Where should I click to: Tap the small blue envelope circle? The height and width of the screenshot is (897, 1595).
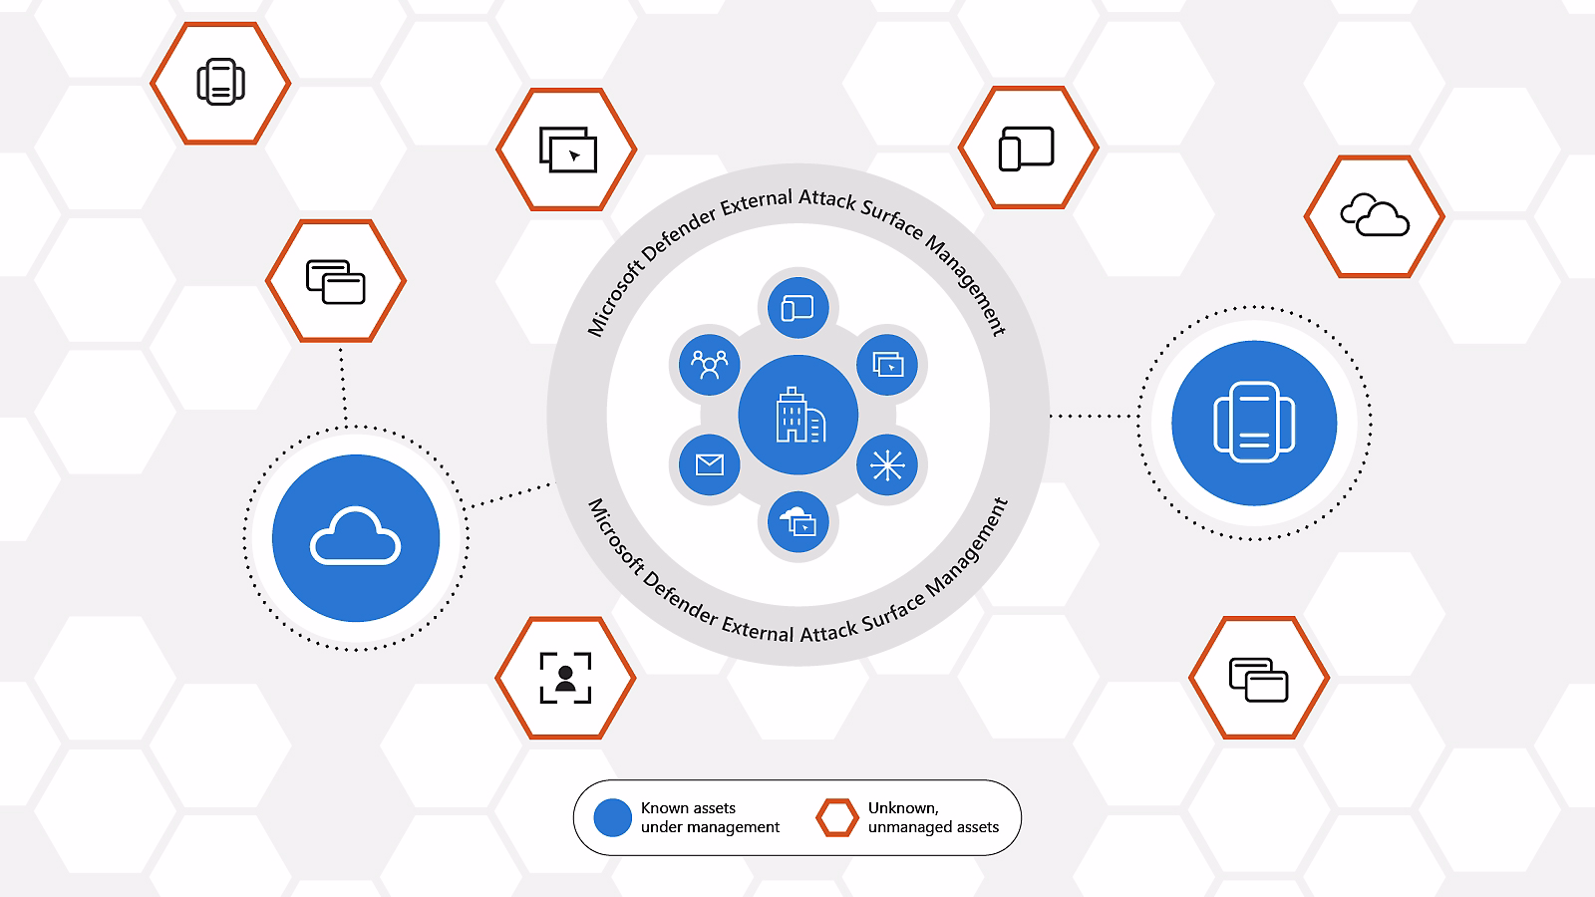click(x=709, y=464)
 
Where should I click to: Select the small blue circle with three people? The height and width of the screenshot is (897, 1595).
click(x=709, y=365)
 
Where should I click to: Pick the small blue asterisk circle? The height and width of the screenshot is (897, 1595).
click(x=887, y=465)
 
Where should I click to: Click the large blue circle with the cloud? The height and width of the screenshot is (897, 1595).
click(x=356, y=538)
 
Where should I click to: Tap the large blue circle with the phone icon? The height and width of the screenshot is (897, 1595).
click(x=1254, y=423)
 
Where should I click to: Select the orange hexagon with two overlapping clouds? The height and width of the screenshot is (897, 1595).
click(x=1375, y=216)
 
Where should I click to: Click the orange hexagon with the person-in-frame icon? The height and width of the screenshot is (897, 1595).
click(x=565, y=678)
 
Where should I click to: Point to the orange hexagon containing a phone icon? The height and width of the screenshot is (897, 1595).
click(x=220, y=83)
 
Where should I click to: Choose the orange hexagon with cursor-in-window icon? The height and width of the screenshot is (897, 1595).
click(x=566, y=149)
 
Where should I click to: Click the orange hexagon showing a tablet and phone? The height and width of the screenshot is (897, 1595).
click(x=1028, y=149)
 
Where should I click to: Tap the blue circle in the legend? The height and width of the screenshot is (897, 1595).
click(x=612, y=817)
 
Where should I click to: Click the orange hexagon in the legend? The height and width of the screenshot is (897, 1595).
click(x=836, y=817)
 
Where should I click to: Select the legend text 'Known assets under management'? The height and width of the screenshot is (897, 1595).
click(x=710, y=817)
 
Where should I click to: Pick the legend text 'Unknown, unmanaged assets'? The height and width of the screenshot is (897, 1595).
click(x=933, y=817)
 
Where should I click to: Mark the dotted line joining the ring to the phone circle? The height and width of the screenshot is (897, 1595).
click(x=1094, y=417)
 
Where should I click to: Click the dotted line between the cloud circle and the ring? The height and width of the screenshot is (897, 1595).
click(x=509, y=495)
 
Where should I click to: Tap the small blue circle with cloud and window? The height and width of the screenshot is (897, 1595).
click(x=798, y=522)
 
